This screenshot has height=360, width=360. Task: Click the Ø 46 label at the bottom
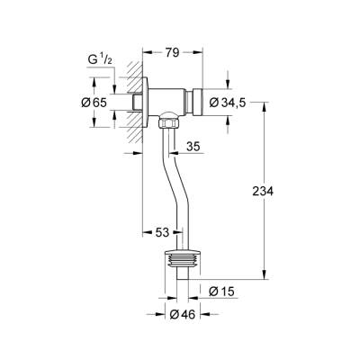point(184,314)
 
